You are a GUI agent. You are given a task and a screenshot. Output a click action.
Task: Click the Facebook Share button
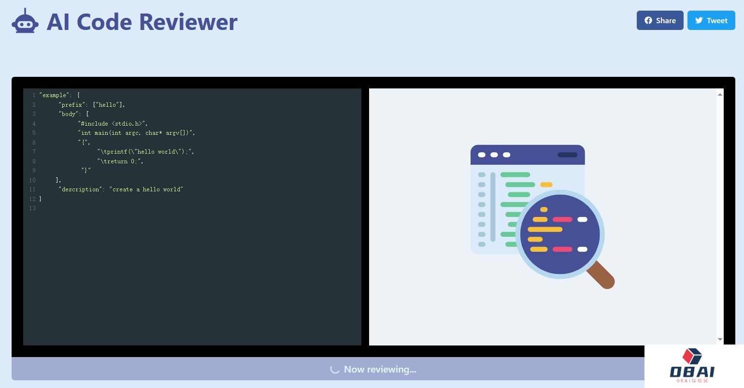(x=659, y=20)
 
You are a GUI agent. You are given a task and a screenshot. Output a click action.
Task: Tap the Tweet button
(x=711, y=20)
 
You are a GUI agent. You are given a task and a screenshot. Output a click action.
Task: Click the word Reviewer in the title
(x=188, y=22)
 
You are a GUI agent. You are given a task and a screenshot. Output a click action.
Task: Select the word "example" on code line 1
(x=54, y=95)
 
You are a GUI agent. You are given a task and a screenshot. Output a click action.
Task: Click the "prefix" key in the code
(x=72, y=105)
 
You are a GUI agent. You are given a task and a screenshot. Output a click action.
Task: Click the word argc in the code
(x=132, y=133)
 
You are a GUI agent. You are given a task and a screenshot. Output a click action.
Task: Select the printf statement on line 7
(x=145, y=152)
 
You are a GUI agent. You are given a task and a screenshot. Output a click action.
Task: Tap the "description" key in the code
(x=80, y=189)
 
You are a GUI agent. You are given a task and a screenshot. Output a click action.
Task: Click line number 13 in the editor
(x=32, y=208)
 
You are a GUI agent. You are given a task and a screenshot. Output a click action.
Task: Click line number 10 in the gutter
(x=32, y=180)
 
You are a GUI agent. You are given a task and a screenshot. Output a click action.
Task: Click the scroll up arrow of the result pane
(x=720, y=95)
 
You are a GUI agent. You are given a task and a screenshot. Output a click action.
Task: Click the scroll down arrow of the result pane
(x=720, y=339)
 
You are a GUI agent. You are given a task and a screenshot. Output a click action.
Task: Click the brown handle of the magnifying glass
(x=601, y=275)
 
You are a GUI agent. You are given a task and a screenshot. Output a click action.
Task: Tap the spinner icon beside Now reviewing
(x=335, y=369)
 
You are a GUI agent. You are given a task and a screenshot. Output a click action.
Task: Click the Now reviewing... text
(x=380, y=369)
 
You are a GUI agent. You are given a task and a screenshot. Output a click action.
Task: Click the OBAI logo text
(x=692, y=372)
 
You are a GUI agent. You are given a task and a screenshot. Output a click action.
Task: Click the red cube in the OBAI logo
(x=692, y=356)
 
